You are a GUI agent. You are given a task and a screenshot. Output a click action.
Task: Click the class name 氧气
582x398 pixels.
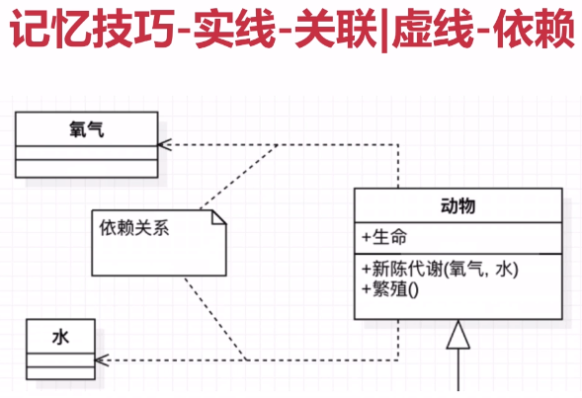pos(87,129)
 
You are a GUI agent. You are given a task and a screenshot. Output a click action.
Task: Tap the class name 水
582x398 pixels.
pos(60,337)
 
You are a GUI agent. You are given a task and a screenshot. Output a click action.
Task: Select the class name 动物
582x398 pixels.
pos(457,205)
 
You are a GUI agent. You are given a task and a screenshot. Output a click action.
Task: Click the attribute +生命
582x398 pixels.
pos(384,237)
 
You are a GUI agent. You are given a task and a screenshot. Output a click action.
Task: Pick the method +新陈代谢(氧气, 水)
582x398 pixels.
pos(441,269)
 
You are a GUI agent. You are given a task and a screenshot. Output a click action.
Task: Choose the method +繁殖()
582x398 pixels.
pos(390,289)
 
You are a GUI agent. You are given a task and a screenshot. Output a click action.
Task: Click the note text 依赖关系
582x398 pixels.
pos(134,227)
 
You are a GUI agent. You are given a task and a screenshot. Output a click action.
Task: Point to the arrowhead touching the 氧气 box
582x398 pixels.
pos(164,144)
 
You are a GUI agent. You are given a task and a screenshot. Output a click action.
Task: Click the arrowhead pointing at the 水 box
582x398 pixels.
pos(101,360)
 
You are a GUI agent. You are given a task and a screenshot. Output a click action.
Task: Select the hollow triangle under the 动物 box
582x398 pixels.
pos(458,335)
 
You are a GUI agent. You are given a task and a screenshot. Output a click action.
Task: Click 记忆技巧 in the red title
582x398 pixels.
pos(92,29)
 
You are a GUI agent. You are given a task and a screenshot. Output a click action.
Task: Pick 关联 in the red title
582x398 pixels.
pos(336,29)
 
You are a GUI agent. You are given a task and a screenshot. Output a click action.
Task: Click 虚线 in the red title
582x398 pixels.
pos(433,29)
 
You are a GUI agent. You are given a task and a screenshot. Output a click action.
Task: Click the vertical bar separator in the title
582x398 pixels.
pos(384,30)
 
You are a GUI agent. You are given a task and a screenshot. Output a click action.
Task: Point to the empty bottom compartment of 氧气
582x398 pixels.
pos(87,169)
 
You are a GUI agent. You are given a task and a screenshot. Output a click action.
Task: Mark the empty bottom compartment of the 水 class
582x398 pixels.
pos(60,373)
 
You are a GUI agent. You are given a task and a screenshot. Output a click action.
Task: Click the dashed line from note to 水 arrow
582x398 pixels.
pos(215,318)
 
